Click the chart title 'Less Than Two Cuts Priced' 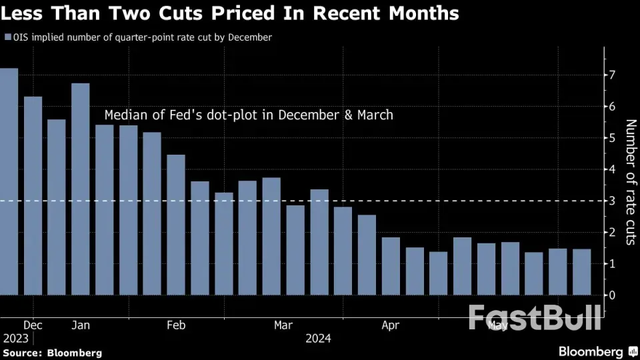[231, 13]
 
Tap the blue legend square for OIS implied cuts [7, 38]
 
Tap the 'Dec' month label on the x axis [33, 325]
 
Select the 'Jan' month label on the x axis [81, 325]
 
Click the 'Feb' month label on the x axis [176, 325]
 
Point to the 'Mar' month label [283, 325]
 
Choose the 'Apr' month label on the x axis [391, 325]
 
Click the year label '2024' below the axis [318, 339]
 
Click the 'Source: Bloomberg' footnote [52, 353]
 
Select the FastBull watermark [534, 318]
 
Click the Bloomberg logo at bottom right [590, 351]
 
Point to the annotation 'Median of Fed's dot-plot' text [249, 115]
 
